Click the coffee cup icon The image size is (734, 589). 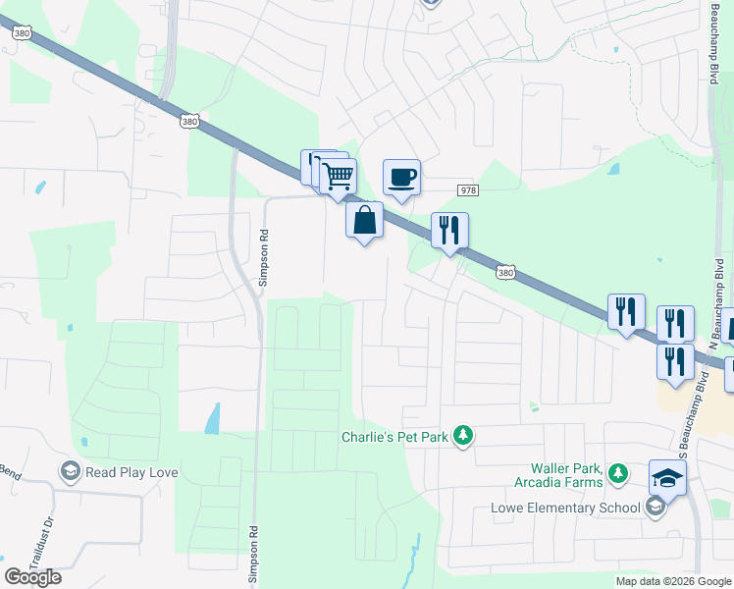(401, 178)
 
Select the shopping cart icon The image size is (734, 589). (338, 177)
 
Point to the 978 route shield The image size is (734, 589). (467, 189)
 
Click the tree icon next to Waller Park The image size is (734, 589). (618, 475)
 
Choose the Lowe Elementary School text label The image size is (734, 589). (567, 508)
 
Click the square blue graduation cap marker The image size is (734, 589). (668, 478)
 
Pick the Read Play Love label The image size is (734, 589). (131, 472)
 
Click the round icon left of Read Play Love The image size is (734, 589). (71, 472)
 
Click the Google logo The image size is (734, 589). (32, 577)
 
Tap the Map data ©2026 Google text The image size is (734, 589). (672, 581)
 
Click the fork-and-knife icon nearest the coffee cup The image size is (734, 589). (449, 231)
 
